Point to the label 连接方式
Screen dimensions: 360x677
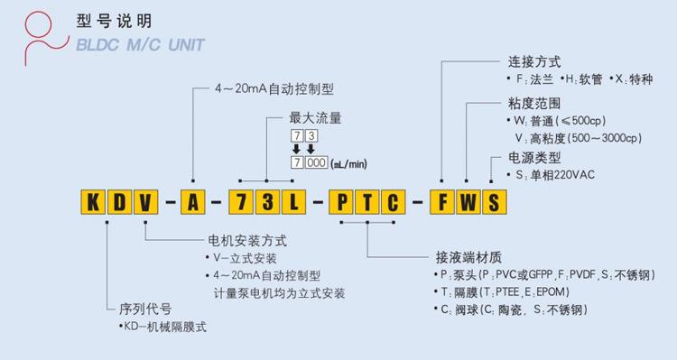point(533,62)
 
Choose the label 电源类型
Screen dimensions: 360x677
point(533,158)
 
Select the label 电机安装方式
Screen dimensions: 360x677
point(246,241)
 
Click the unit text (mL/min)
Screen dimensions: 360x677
point(348,164)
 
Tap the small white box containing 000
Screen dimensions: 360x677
point(318,163)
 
